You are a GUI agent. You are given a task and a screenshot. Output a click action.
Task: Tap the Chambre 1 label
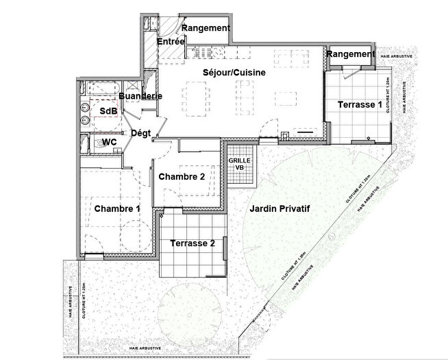coord(117,208)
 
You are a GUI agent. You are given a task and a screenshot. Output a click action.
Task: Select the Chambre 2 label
coord(182,176)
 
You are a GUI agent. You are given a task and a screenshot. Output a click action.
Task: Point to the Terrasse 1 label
coord(359,105)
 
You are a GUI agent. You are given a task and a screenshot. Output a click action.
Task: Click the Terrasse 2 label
coord(192,243)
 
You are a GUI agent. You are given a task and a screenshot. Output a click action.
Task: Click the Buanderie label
coord(140,96)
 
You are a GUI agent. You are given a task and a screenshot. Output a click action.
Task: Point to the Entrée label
coord(171,43)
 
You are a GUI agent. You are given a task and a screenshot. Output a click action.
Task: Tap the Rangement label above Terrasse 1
coord(350,54)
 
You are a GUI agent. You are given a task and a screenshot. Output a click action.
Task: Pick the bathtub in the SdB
coord(101,89)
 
